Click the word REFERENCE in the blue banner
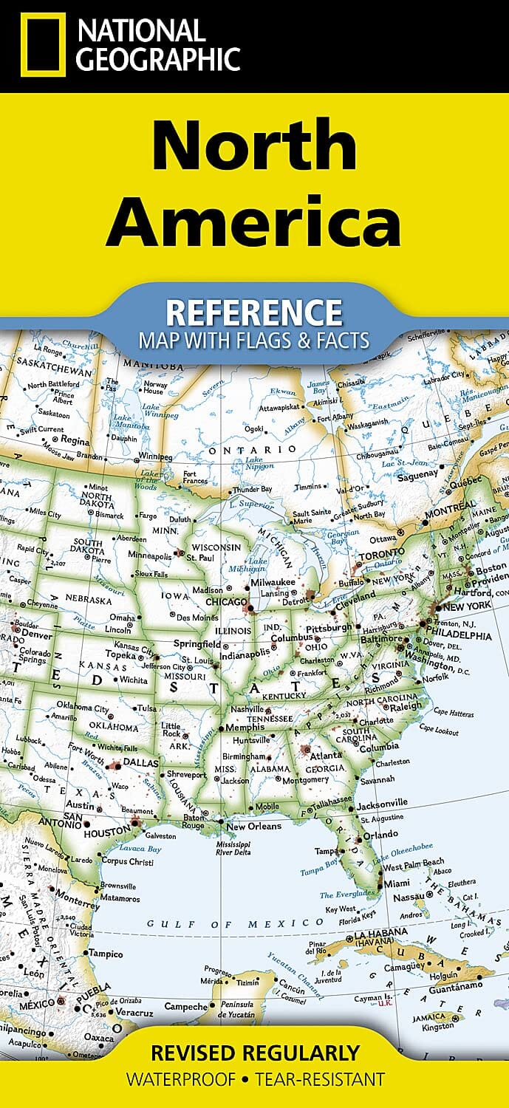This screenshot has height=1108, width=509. pyautogui.click(x=253, y=312)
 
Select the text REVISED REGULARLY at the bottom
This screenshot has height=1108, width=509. pyautogui.click(x=255, y=1052)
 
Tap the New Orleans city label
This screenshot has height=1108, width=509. pyautogui.click(x=254, y=826)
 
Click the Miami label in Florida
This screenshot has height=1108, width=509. pyautogui.click(x=397, y=883)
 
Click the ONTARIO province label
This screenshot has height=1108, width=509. pyautogui.click(x=252, y=449)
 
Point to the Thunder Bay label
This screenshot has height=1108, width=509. pyautogui.click(x=252, y=490)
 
